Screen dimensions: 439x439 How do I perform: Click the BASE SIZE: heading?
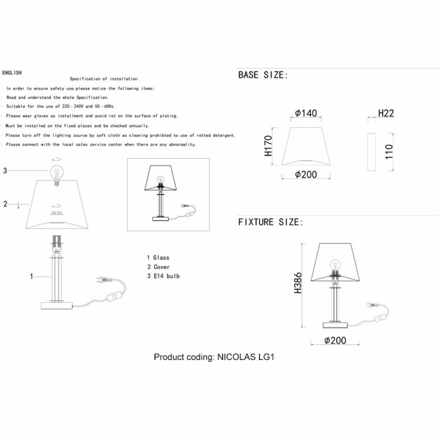click(263, 75)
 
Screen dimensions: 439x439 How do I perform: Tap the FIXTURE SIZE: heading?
click(270, 222)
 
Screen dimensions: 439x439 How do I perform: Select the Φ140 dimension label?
click(306, 113)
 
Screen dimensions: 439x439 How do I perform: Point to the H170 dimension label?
click(268, 146)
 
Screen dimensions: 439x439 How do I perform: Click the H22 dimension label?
click(386, 113)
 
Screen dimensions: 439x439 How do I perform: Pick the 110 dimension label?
click(389, 152)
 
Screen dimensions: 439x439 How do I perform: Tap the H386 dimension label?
click(298, 283)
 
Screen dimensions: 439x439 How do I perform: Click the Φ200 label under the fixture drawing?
click(335, 341)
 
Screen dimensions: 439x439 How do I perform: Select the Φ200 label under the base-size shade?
click(306, 174)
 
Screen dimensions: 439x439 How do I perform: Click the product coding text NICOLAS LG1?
click(246, 357)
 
